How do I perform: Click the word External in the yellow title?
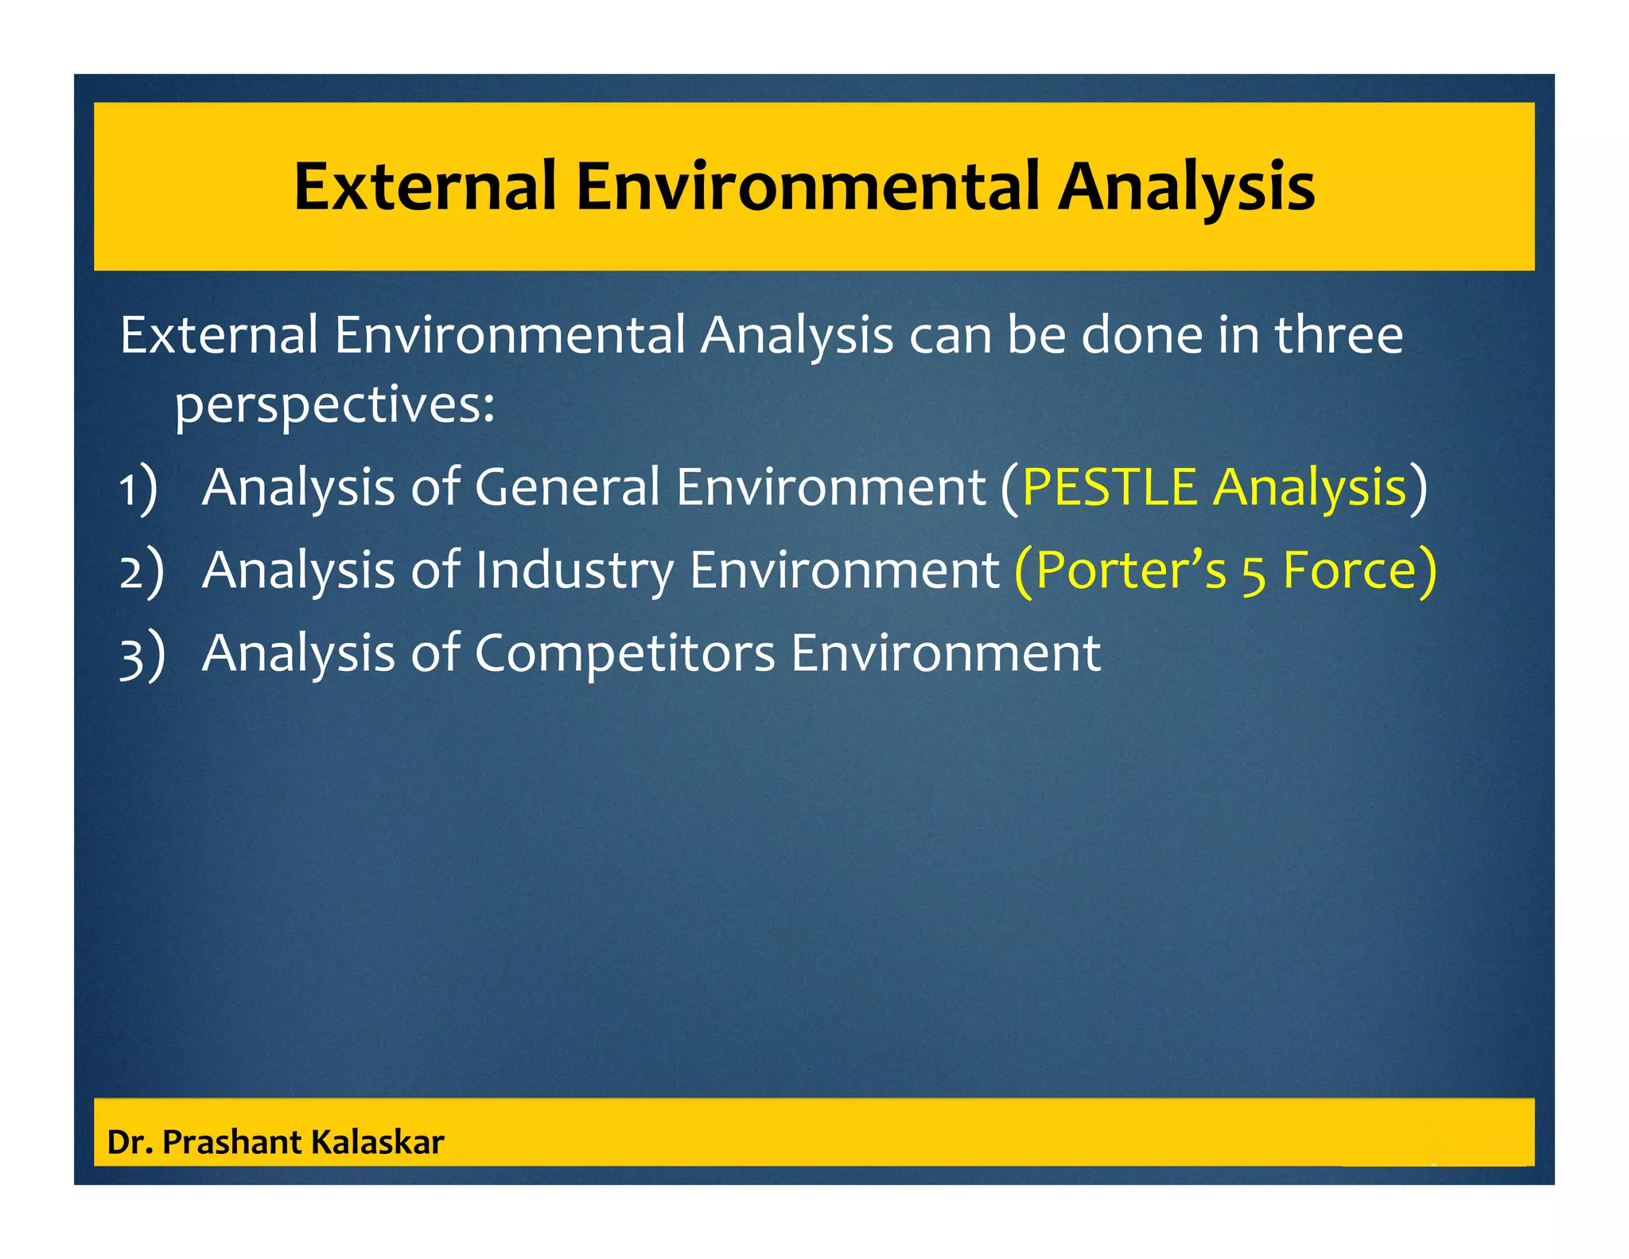[425, 186]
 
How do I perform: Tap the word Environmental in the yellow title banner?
[807, 186]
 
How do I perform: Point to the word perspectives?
[335, 406]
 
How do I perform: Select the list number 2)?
[142, 571]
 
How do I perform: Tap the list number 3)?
[142, 655]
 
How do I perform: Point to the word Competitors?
[624, 654]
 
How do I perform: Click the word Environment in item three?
[946, 654]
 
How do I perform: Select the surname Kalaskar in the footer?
[377, 1143]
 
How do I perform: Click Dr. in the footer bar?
[130, 1143]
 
